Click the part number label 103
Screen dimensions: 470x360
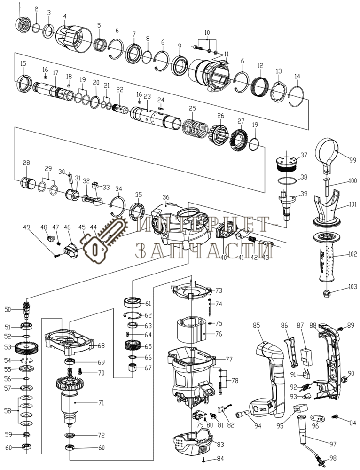(x=353, y=286)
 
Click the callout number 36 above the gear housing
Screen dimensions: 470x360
(x=166, y=197)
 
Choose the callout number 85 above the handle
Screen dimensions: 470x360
(x=256, y=325)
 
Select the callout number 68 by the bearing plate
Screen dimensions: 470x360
(x=101, y=346)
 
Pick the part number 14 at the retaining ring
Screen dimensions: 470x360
(x=297, y=76)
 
